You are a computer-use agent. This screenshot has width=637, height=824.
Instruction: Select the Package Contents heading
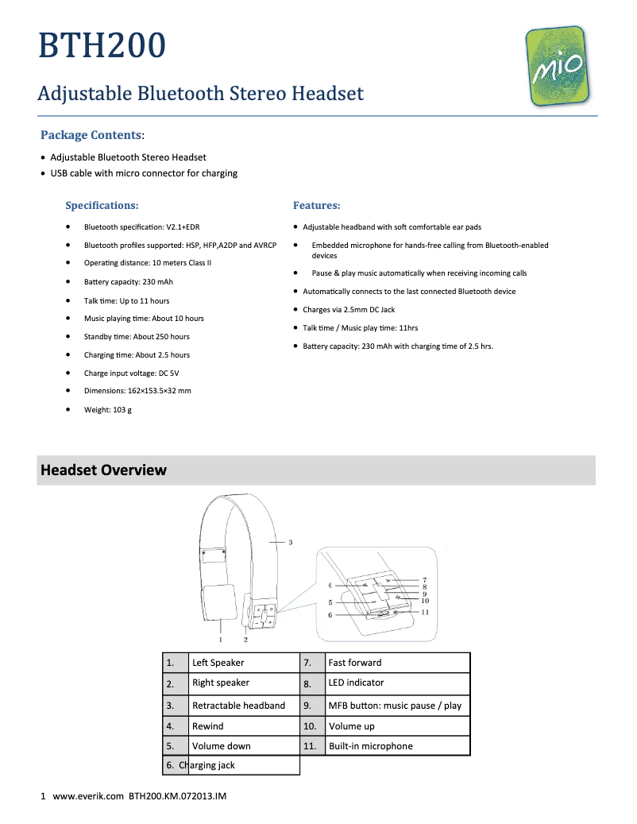91,135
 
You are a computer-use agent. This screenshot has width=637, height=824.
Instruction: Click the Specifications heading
102,206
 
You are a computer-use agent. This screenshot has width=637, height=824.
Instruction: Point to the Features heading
316,206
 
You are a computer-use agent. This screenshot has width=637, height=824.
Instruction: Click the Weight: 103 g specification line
108,409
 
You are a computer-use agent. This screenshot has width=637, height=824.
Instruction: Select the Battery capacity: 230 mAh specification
129,282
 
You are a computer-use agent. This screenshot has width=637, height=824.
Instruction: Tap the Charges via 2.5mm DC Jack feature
349,310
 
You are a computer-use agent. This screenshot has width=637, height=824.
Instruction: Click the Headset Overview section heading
103,470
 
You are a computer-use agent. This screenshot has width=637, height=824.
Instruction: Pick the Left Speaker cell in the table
218,663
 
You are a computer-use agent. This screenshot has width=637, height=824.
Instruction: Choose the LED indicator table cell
356,683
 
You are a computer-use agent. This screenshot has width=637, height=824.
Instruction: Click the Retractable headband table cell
238,706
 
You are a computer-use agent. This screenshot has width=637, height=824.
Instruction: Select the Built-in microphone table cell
371,746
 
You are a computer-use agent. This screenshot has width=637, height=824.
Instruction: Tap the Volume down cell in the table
222,746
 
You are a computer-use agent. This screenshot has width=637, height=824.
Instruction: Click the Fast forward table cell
355,663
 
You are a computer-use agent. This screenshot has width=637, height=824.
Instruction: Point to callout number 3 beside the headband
291,543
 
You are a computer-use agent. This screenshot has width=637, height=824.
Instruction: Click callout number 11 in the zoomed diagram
425,612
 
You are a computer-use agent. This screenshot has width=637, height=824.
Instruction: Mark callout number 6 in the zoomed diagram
330,615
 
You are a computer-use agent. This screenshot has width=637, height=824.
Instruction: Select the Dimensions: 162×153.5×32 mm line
137,391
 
